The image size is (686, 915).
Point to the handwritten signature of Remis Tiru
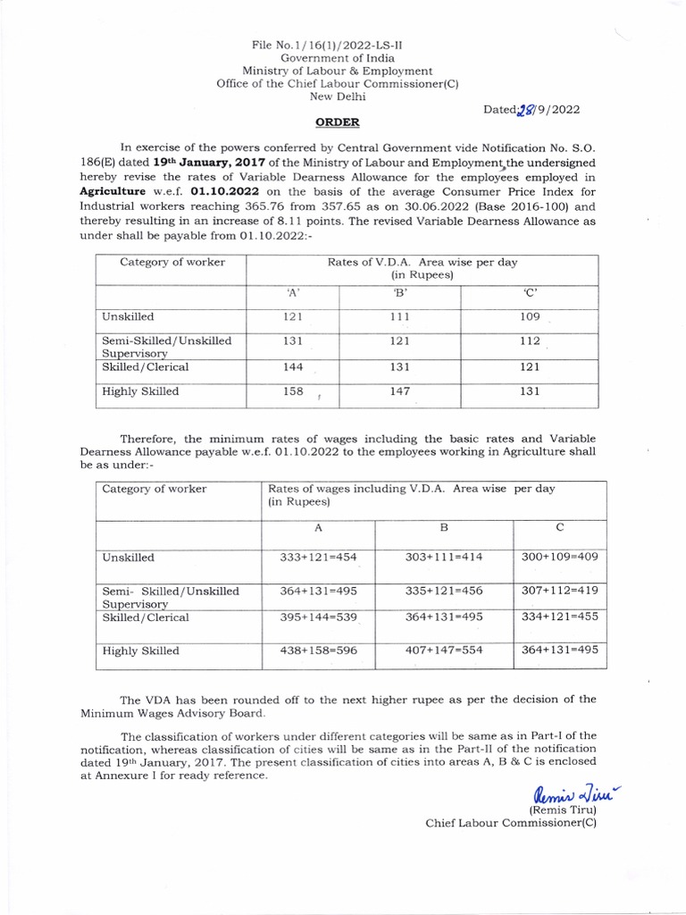565,791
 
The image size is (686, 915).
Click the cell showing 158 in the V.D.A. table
292,391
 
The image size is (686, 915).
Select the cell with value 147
399,391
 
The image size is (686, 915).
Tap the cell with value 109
530,316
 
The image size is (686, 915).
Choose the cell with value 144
292,366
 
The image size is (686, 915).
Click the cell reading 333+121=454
318,557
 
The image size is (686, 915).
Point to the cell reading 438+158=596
318,651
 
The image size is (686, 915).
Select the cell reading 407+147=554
443,651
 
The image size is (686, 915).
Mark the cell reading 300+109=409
559,557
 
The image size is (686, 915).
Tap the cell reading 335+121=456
443,590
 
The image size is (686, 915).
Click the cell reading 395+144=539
318,617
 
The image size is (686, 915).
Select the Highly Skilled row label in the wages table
140,651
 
